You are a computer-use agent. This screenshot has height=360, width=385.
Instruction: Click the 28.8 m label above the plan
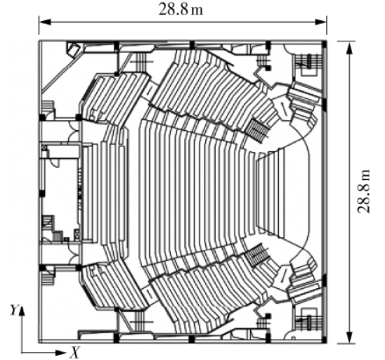[x=181, y=9]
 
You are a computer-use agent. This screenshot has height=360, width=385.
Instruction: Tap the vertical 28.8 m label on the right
[x=363, y=191]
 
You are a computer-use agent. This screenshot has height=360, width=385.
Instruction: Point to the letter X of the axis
[x=75, y=352]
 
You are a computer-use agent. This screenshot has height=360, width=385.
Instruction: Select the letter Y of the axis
[x=15, y=310]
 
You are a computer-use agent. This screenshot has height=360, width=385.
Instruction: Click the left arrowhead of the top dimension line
[x=45, y=22]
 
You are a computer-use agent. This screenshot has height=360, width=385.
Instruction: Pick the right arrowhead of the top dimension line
[x=320, y=22]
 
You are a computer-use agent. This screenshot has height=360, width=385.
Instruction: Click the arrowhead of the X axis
[x=60, y=353]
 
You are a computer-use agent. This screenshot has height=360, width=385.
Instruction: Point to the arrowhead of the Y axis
[x=22, y=311]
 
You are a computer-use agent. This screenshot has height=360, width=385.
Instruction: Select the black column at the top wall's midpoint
[x=192, y=45]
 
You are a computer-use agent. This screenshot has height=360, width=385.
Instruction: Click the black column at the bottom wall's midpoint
[x=192, y=339]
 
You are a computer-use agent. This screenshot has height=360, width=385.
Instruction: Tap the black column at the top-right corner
[x=325, y=44]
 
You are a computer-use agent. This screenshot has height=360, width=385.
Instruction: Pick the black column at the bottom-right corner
[x=325, y=340]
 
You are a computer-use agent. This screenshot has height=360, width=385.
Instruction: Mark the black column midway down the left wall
[x=42, y=193]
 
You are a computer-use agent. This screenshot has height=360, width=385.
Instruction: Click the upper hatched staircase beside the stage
[x=259, y=129]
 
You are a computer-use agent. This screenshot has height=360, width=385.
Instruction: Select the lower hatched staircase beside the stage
[x=258, y=255]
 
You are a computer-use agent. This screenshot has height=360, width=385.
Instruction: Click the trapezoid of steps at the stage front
[x=270, y=192]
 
